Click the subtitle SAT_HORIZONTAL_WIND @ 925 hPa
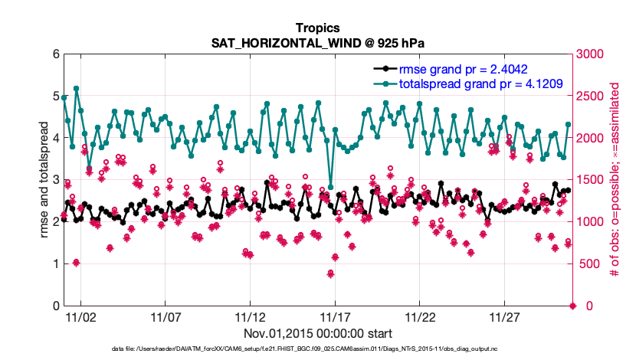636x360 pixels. tap(317, 43)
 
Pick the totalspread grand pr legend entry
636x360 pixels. tap(476, 83)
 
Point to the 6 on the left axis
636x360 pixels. tap(55, 54)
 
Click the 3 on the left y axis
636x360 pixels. tap(55, 180)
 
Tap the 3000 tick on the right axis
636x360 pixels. tap(591, 54)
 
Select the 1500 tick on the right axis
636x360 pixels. tap(591, 180)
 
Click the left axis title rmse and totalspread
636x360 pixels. tap(45, 180)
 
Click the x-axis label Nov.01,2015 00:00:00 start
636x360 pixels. tap(318, 334)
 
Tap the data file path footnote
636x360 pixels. tap(317, 349)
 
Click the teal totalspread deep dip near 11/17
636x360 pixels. tap(330, 186)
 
